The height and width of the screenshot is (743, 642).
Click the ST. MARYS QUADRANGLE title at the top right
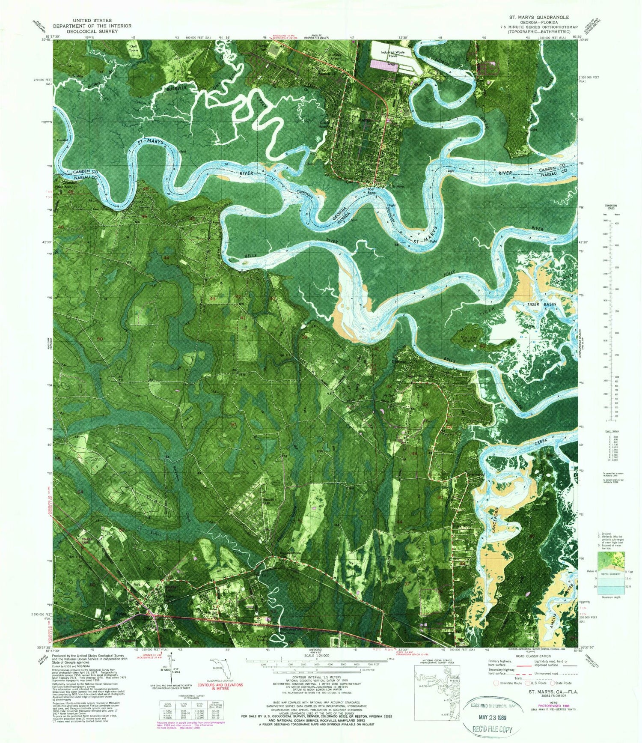coord(538,17)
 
